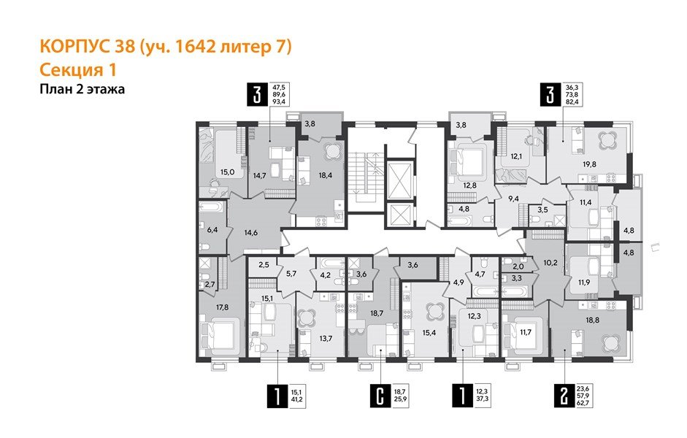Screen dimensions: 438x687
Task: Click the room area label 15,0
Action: pos(227,172)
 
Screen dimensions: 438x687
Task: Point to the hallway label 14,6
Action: pos(250,233)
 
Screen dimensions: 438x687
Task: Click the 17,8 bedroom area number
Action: pos(210,307)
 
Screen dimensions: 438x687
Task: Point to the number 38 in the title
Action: pos(126,48)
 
